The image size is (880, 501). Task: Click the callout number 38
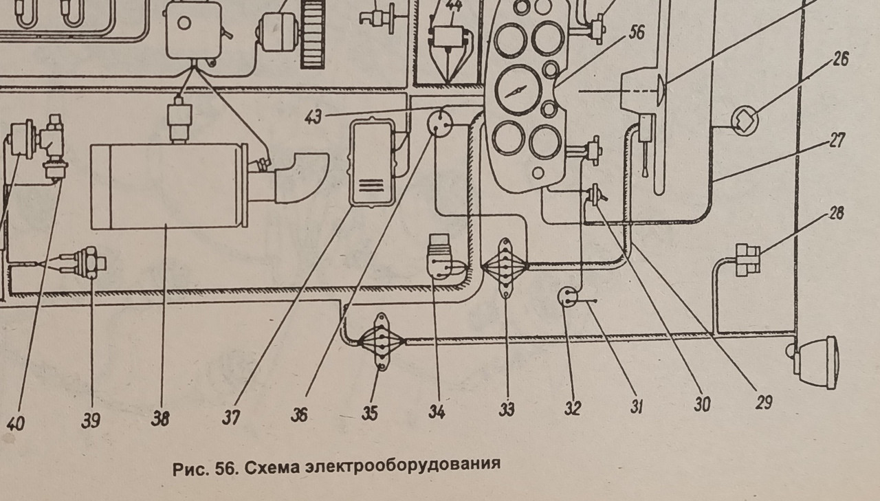tap(160, 418)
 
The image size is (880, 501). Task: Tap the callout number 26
tap(840, 59)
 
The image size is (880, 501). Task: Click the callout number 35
tap(369, 413)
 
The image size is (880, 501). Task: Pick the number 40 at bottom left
tap(14, 422)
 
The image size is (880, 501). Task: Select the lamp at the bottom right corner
tap(818, 361)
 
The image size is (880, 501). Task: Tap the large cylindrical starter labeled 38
tap(169, 186)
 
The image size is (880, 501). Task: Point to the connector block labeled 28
tap(747, 258)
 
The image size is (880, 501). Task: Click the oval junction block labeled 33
tap(505, 268)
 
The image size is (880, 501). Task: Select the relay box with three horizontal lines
tap(371, 164)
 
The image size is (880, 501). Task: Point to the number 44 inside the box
tap(453, 8)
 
